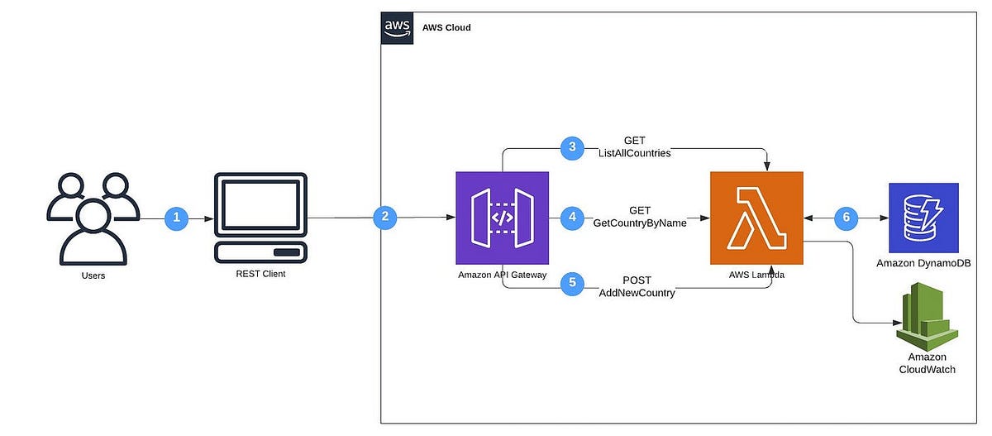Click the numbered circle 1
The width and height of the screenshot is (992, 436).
click(x=177, y=218)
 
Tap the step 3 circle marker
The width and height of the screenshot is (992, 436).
click(x=573, y=148)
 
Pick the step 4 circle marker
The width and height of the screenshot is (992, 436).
click(x=572, y=218)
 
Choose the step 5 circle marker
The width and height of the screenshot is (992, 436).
click(x=572, y=283)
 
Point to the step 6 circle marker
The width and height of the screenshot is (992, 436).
click(x=846, y=218)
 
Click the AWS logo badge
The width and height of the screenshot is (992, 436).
click(x=396, y=27)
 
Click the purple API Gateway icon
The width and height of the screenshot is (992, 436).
click(x=503, y=218)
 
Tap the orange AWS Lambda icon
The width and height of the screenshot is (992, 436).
click(x=756, y=218)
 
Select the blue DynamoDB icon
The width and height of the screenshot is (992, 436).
click(x=923, y=218)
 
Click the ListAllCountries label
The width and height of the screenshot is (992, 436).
click(x=636, y=154)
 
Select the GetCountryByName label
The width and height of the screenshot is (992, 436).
click(x=640, y=223)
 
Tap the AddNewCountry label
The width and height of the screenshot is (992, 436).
click(x=637, y=293)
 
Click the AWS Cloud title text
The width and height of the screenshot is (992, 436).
click(x=446, y=27)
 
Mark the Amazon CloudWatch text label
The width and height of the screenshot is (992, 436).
click(x=927, y=362)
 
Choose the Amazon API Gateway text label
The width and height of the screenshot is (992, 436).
click(x=502, y=275)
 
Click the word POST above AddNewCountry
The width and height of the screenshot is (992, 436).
click(x=637, y=280)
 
